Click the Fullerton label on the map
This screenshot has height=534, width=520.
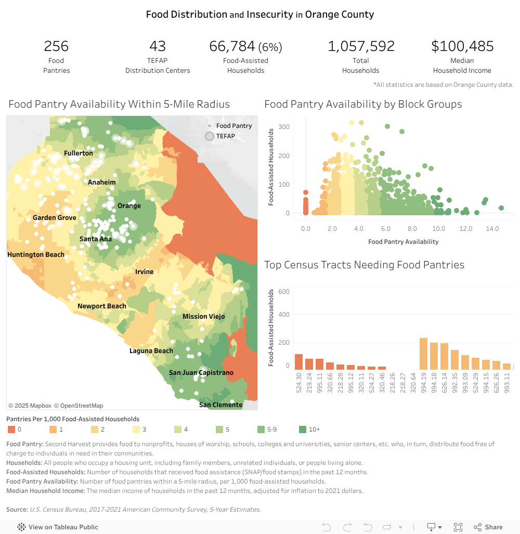[79, 153]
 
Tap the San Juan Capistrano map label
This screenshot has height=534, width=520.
[201, 373]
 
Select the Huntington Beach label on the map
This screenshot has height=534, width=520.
[36, 255]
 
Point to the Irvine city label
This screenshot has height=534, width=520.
[144, 272]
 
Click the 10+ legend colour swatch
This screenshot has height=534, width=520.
[303, 429]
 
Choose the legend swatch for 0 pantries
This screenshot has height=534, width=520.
[11, 429]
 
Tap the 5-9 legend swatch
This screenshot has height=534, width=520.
[261, 429]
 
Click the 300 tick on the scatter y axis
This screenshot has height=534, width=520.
[283, 126]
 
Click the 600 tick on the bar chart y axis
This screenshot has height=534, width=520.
[283, 291]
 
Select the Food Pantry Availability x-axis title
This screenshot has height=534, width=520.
[403, 241]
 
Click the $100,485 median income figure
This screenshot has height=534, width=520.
[462, 46]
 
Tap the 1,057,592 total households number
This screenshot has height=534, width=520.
[361, 46]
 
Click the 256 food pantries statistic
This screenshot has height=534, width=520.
[56, 46]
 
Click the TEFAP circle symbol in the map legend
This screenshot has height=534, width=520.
[210, 136]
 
